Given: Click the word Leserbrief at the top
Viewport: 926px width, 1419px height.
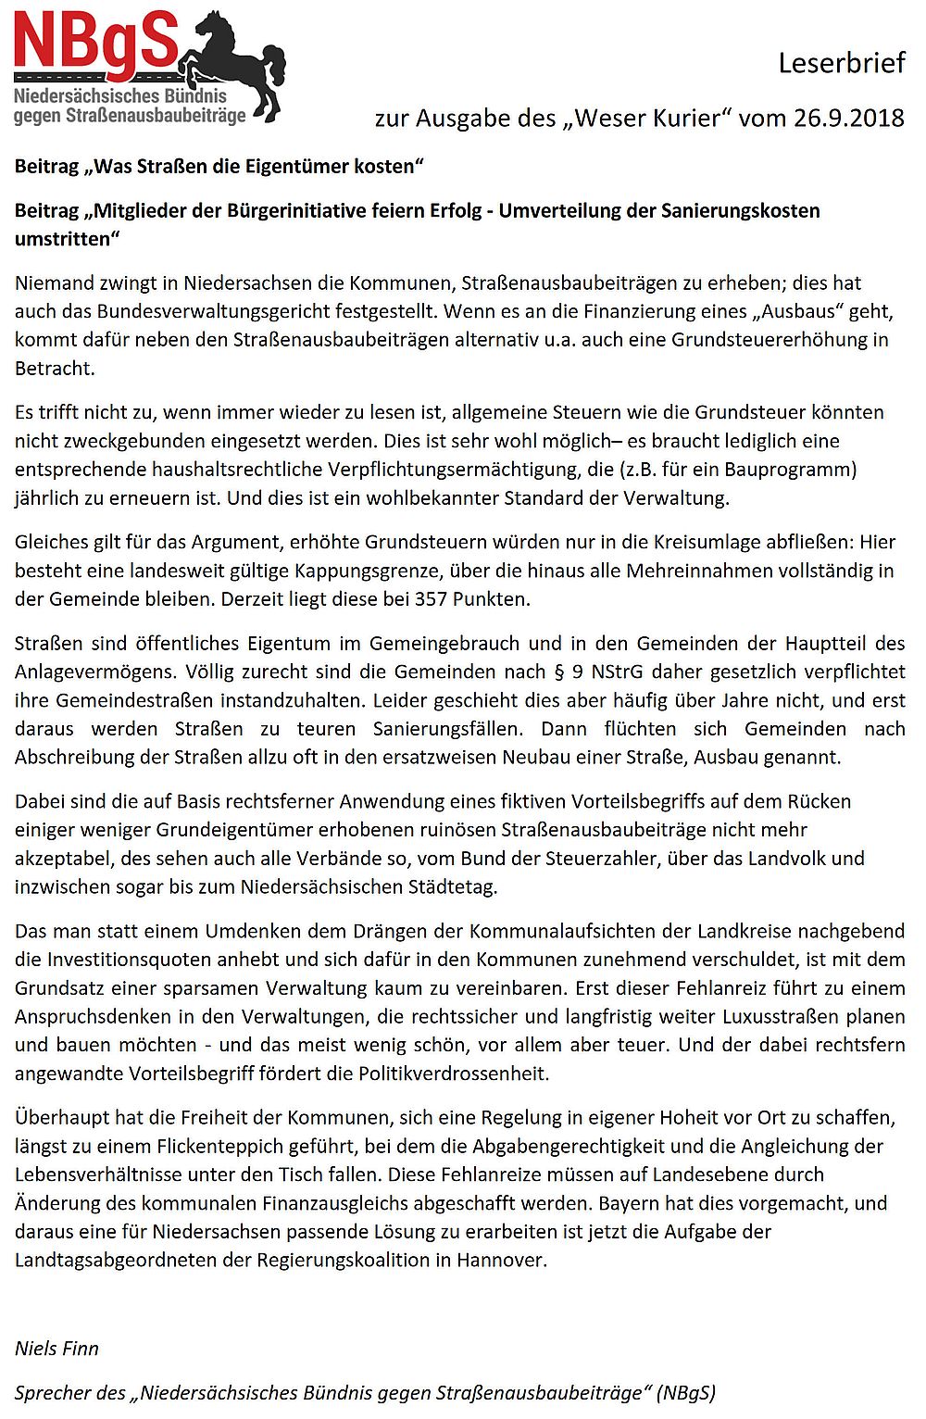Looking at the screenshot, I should click(x=841, y=63).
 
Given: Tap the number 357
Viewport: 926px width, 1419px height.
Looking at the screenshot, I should click(x=431, y=598).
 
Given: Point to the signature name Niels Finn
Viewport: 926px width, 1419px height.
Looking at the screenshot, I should click(x=56, y=1348).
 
